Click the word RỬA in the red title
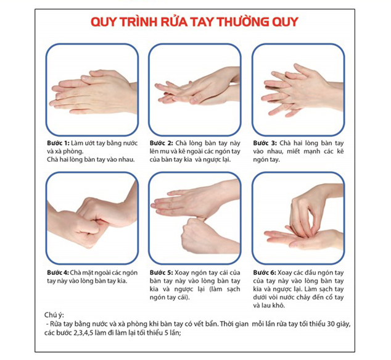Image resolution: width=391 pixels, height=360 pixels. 173,22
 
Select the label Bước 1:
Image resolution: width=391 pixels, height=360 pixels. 58,143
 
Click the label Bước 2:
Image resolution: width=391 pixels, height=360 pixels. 162,143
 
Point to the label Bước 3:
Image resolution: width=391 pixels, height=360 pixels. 265,143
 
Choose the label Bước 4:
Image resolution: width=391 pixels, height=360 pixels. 58,272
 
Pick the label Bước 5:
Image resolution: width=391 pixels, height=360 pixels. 161,272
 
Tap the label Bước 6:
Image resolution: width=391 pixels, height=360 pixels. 265,272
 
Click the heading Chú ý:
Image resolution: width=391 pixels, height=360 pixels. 54,315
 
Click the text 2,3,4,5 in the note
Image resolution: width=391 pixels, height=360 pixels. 83,333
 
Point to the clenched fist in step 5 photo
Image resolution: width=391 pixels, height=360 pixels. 199,235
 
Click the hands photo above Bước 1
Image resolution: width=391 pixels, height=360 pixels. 92,90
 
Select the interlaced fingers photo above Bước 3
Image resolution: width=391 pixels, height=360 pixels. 298,90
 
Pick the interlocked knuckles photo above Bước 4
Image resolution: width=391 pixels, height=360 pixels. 92,218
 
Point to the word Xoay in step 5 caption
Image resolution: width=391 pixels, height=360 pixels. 181,272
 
